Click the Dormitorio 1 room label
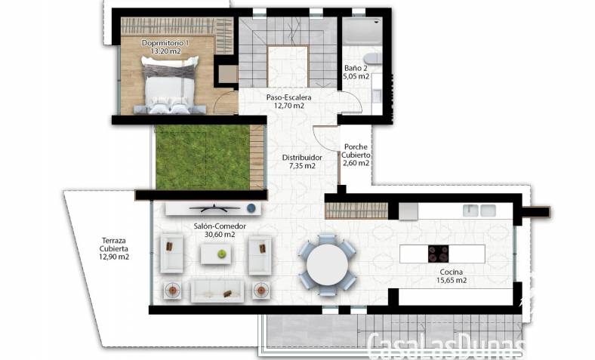click(165, 43)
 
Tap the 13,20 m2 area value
click(166, 51)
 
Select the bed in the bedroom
click(170, 85)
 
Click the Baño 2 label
click(356, 68)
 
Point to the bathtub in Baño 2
click(362, 32)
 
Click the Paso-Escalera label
click(288, 97)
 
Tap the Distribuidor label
click(302, 158)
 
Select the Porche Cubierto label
click(356, 151)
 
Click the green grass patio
click(202, 158)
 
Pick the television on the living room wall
click(214, 208)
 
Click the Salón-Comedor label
click(220, 226)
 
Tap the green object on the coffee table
click(221, 254)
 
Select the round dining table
click(327, 264)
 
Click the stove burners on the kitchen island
click(438, 254)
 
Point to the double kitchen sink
click(479, 211)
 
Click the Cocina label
click(452, 272)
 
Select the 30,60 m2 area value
click(220, 235)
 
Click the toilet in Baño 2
click(372, 58)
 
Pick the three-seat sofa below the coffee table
click(217, 291)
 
